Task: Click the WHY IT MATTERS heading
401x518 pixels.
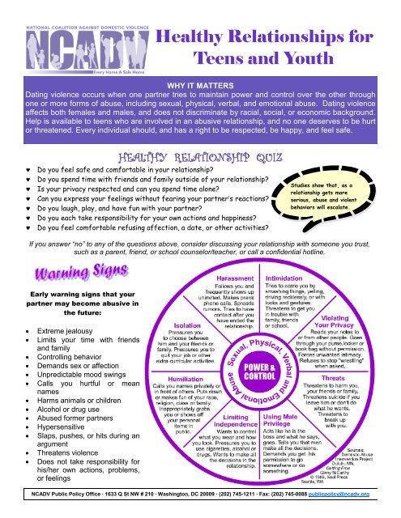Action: point(200,83)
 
